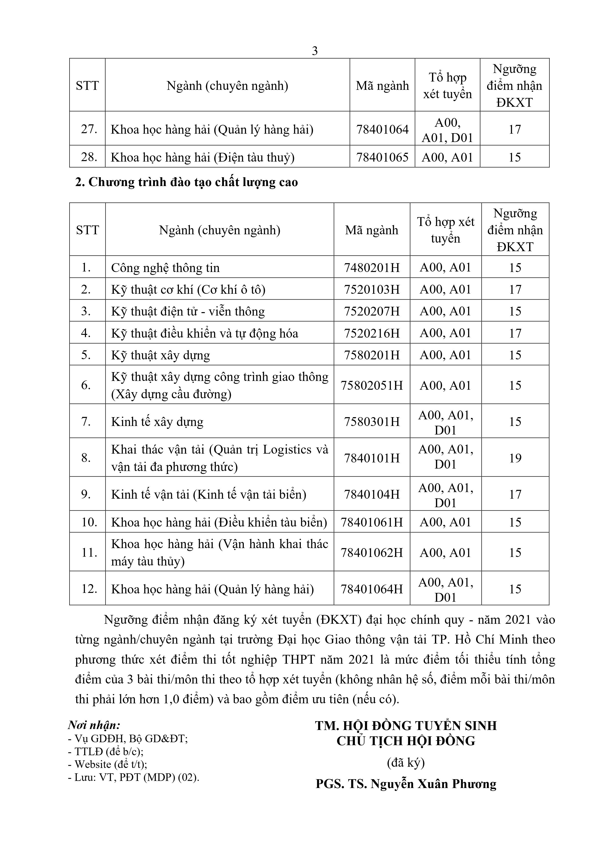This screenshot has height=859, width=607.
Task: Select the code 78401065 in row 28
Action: [x=382, y=157]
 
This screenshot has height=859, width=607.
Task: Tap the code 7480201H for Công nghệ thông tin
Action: [x=372, y=268]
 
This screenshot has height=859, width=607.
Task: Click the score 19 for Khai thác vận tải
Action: [x=515, y=458]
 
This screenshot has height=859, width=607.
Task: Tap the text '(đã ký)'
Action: [x=406, y=762]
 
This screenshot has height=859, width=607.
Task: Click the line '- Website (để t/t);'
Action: [x=108, y=764]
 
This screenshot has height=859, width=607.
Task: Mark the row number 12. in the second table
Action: [x=89, y=589]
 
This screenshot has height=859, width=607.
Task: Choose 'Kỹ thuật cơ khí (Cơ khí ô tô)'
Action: [x=188, y=290]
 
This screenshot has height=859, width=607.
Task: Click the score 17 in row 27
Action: [x=515, y=129]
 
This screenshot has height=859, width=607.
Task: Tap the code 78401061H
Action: [x=372, y=522]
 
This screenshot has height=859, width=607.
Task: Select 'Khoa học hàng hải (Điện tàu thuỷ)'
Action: [x=203, y=157]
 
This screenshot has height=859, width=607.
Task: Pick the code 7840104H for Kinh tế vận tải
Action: [x=372, y=494]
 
